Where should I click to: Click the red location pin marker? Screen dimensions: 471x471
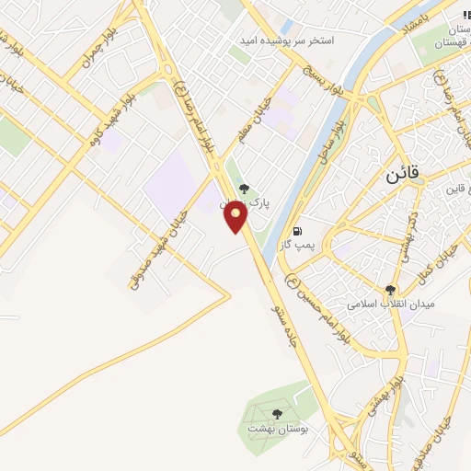(236, 217)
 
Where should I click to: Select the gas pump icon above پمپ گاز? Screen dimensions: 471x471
(296, 231)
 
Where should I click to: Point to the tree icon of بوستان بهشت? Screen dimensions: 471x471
(278, 414)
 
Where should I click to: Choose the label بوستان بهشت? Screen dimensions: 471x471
(278, 430)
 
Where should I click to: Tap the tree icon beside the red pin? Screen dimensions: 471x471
(243, 188)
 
